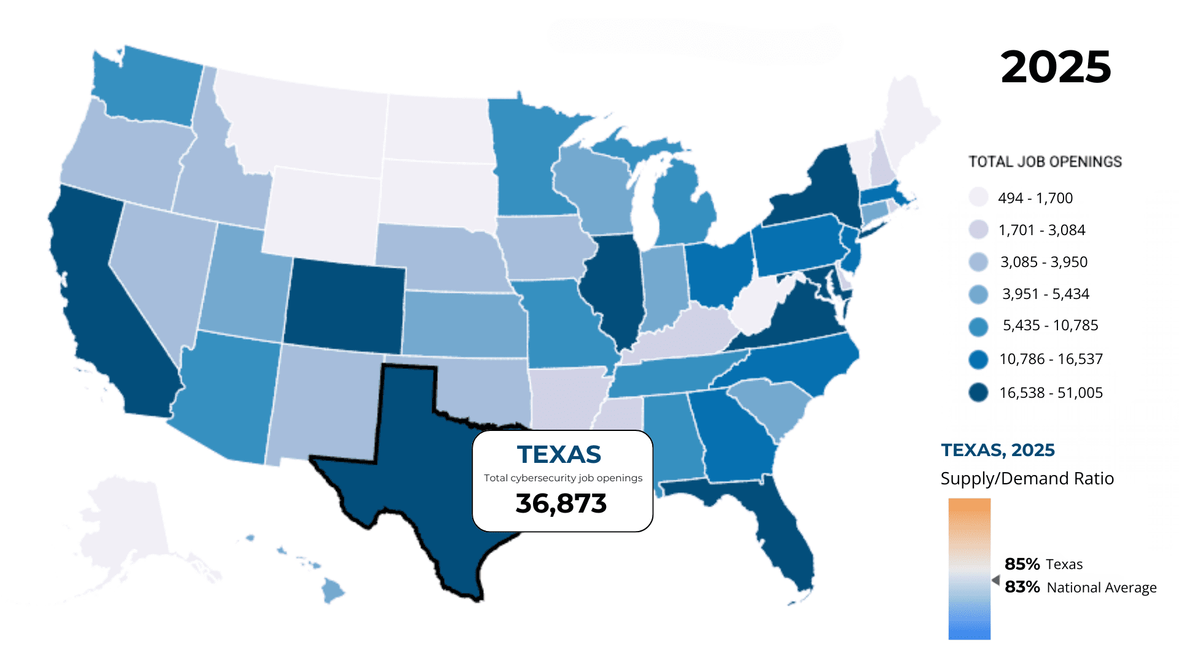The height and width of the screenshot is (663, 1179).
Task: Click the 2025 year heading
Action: click(1056, 67)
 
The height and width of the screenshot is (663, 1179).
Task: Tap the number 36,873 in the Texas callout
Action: click(561, 503)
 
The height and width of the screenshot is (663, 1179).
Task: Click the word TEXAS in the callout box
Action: click(559, 455)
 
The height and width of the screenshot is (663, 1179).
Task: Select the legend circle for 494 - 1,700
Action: click(978, 198)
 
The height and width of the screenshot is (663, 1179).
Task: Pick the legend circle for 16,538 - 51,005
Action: click(978, 392)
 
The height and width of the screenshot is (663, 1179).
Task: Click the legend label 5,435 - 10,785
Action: click(1050, 325)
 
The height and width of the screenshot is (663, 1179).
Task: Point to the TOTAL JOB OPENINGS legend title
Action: click(1045, 161)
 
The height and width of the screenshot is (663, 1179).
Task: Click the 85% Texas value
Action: click(1043, 564)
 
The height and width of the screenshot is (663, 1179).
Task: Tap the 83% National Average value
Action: click(1080, 587)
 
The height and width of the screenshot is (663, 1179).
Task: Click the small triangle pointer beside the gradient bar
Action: click(995, 580)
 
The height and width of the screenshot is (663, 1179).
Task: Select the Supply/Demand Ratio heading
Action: click(1027, 479)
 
